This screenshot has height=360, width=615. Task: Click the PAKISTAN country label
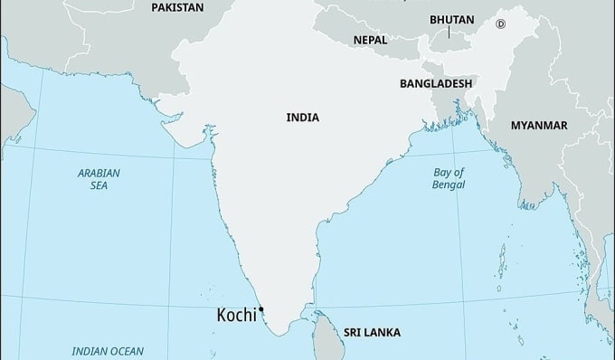(177, 7)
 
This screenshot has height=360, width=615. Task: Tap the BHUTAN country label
(451, 19)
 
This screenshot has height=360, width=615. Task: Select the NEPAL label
(370, 41)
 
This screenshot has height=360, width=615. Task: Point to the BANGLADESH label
(436, 82)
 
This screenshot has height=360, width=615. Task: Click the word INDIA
(302, 118)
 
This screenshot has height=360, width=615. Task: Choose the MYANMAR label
(539, 125)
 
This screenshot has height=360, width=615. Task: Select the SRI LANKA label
(372, 333)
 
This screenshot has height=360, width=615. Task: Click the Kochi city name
(235, 316)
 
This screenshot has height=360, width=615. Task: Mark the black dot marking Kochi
(261, 310)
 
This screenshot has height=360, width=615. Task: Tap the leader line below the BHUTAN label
(449, 33)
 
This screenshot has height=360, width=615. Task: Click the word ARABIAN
(99, 172)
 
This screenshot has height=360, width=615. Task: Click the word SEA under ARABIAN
(99, 185)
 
